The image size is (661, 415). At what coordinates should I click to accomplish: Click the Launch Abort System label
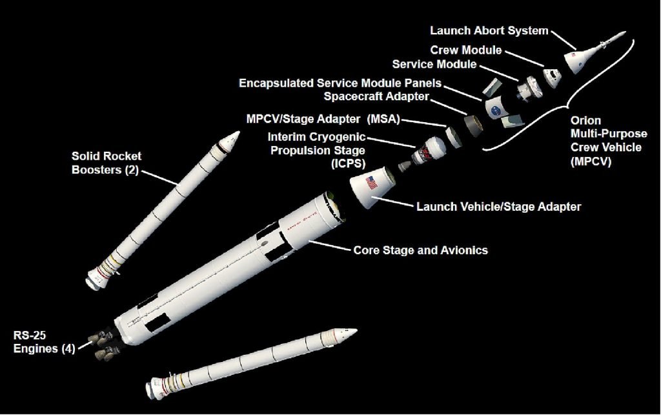pyautogui.click(x=489, y=31)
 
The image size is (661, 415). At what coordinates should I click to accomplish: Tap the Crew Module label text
pyautogui.click(x=465, y=50)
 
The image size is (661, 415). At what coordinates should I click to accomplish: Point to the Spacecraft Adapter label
pyautogui.click(x=376, y=97)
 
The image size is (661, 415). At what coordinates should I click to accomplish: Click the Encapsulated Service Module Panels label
pyautogui.click(x=340, y=83)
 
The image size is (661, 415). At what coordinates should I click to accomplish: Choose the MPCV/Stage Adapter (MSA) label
pyautogui.click(x=323, y=120)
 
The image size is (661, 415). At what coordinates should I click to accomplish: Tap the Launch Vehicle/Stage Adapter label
pyautogui.click(x=499, y=207)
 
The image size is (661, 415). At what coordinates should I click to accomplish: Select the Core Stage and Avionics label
pyautogui.click(x=420, y=250)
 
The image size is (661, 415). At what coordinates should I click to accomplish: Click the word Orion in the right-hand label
pyautogui.click(x=586, y=121)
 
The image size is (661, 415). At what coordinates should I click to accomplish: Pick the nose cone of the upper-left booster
pyautogui.click(x=232, y=138)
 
